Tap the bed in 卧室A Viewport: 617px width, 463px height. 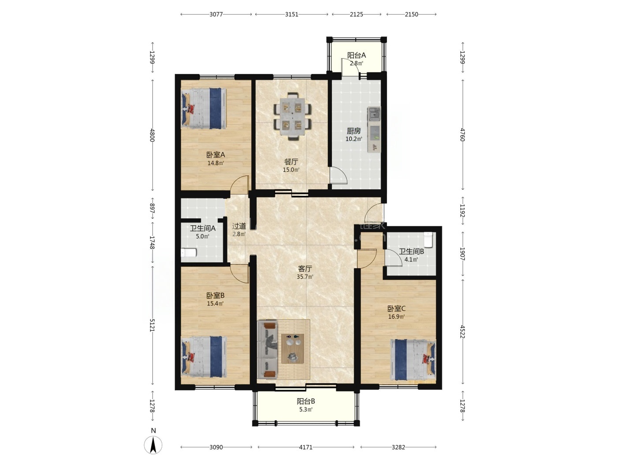click(204, 108)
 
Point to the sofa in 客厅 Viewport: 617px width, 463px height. click(268, 349)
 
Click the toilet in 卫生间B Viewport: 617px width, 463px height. click(428, 239)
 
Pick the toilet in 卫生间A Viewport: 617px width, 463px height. click(188, 253)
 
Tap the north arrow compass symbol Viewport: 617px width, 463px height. click(153, 444)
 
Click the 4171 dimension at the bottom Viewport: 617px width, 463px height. click(306, 447)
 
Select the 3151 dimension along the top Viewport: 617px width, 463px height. click(291, 15)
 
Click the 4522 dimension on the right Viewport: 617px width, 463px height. click(462, 332)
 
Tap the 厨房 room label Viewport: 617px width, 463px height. click(353, 131)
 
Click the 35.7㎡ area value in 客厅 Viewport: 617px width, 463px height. click(305, 276)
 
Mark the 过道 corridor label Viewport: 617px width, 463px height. click(239, 226)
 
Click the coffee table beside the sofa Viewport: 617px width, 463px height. click(293, 349)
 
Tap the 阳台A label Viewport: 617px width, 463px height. click(357, 56)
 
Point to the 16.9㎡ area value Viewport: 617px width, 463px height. click(396, 317)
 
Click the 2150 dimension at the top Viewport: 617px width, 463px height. click(411, 15)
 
